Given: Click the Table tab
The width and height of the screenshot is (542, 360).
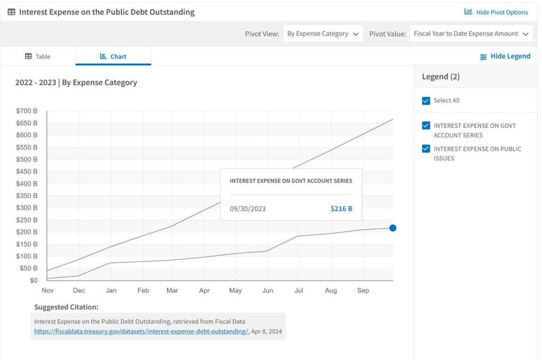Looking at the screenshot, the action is (38, 56).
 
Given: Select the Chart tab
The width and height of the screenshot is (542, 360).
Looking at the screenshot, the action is (113, 56).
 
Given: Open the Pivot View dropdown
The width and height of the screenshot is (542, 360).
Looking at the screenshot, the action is (323, 33).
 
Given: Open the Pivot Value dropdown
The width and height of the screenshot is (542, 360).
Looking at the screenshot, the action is (471, 33).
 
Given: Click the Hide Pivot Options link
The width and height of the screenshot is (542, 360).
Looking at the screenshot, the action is (496, 12).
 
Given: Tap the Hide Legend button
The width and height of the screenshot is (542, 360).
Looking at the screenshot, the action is (505, 56).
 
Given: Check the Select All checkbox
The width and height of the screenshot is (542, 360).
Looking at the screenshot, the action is (426, 101).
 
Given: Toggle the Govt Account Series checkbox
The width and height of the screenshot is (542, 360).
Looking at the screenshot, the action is (426, 125).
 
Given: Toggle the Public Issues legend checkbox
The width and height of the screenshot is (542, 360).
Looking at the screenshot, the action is (426, 149).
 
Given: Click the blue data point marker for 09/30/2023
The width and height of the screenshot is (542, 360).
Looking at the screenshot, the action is (393, 228).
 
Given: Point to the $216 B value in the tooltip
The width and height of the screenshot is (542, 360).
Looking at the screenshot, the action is (341, 209).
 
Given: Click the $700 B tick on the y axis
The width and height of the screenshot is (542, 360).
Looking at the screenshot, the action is (26, 111).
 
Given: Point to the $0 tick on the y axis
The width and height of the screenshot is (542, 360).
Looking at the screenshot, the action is (33, 281).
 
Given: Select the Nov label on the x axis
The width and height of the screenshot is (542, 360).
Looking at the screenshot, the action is (48, 291).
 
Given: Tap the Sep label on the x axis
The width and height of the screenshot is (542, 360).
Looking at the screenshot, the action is (363, 291).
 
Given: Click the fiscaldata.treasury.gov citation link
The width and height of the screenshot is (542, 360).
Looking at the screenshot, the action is (141, 331).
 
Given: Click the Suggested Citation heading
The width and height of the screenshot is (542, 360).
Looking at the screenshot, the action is (66, 307).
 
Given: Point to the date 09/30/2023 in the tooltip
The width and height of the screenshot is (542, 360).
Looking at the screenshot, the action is (248, 209).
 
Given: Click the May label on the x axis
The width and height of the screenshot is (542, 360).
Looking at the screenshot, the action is (236, 291).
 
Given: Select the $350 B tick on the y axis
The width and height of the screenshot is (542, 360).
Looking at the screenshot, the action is (26, 196).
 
